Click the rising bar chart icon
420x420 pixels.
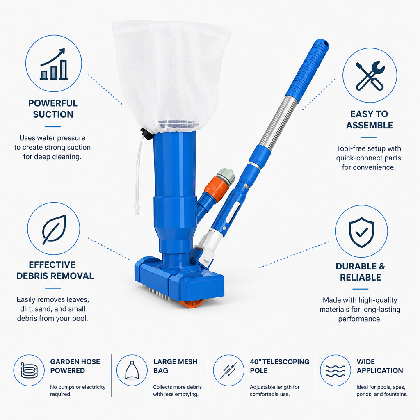(54, 64)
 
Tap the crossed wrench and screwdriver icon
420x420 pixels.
(370, 76)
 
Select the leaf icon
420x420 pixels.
(54, 229)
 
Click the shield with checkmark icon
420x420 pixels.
(361, 232)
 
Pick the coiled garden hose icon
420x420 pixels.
(29, 370)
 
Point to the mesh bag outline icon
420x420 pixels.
(132, 370)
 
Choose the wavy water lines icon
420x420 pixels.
(336, 371)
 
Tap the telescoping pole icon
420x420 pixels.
(228, 370)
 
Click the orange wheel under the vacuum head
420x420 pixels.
(192, 304)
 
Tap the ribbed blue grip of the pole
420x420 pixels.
(307, 68)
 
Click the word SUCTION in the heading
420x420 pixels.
(53, 114)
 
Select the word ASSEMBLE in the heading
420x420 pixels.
(370, 125)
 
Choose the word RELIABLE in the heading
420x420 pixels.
(360, 277)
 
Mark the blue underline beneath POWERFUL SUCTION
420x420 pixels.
(53, 127)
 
